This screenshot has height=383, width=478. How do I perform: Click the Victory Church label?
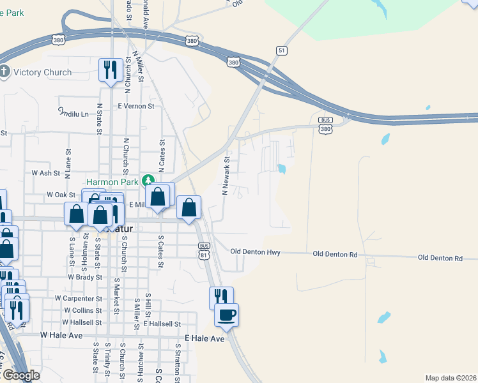39,72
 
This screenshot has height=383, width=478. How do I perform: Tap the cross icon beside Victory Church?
5,71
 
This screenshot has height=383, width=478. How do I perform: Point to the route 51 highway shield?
282,50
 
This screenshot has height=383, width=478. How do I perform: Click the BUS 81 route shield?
204,250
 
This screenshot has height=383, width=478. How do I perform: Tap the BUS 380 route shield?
326,125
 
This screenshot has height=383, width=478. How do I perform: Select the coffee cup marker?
226,314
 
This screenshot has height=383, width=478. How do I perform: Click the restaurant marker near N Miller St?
111,70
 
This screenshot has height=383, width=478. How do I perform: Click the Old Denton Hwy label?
256,253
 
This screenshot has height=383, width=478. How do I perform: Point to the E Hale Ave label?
204,338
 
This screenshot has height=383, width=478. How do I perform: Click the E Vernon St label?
136,106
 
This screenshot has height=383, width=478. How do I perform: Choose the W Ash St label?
45,173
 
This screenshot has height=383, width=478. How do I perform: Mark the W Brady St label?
85,278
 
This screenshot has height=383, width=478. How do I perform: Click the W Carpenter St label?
79,298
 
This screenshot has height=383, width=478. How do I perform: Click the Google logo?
20,375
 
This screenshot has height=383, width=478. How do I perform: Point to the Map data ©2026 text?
451,378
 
